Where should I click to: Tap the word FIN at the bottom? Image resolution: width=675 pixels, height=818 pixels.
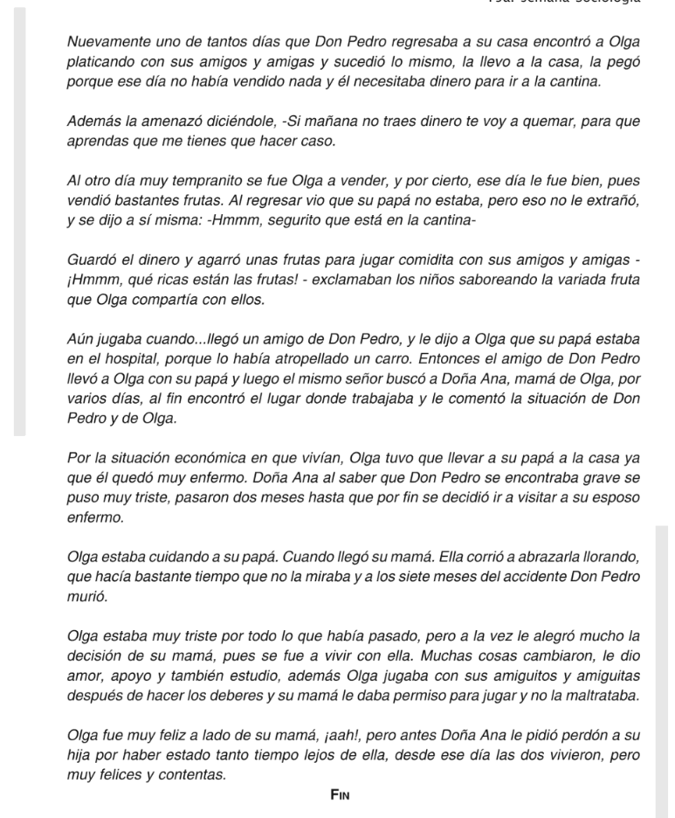pyautogui.click(x=340, y=794)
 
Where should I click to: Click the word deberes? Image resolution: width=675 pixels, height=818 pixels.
pyautogui.click(x=234, y=696)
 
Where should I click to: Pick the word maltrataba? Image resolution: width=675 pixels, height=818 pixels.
pyautogui.click(x=596, y=696)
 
